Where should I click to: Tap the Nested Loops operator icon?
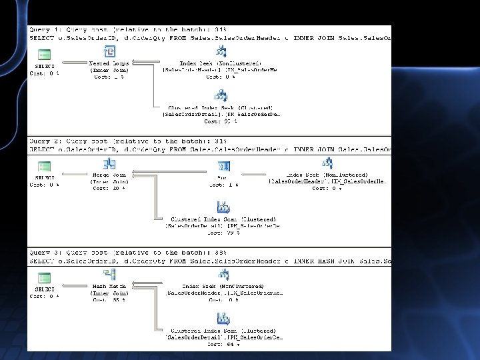click(x=110, y=53)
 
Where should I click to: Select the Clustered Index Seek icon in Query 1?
click(x=221, y=96)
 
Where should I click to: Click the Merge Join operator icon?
click(x=110, y=165)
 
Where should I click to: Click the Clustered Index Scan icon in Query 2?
click(x=223, y=207)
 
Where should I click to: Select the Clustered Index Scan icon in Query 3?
click(x=223, y=319)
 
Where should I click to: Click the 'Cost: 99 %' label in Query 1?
click(x=221, y=122)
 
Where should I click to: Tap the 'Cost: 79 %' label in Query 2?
click(x=223, y=233)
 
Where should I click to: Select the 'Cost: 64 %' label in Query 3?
click(x=223, y=344)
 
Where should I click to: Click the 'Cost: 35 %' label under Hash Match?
click(x=109, y=300)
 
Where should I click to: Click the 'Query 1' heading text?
click(x=45, y=30)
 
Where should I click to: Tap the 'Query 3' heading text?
click(x=45, y=253)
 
